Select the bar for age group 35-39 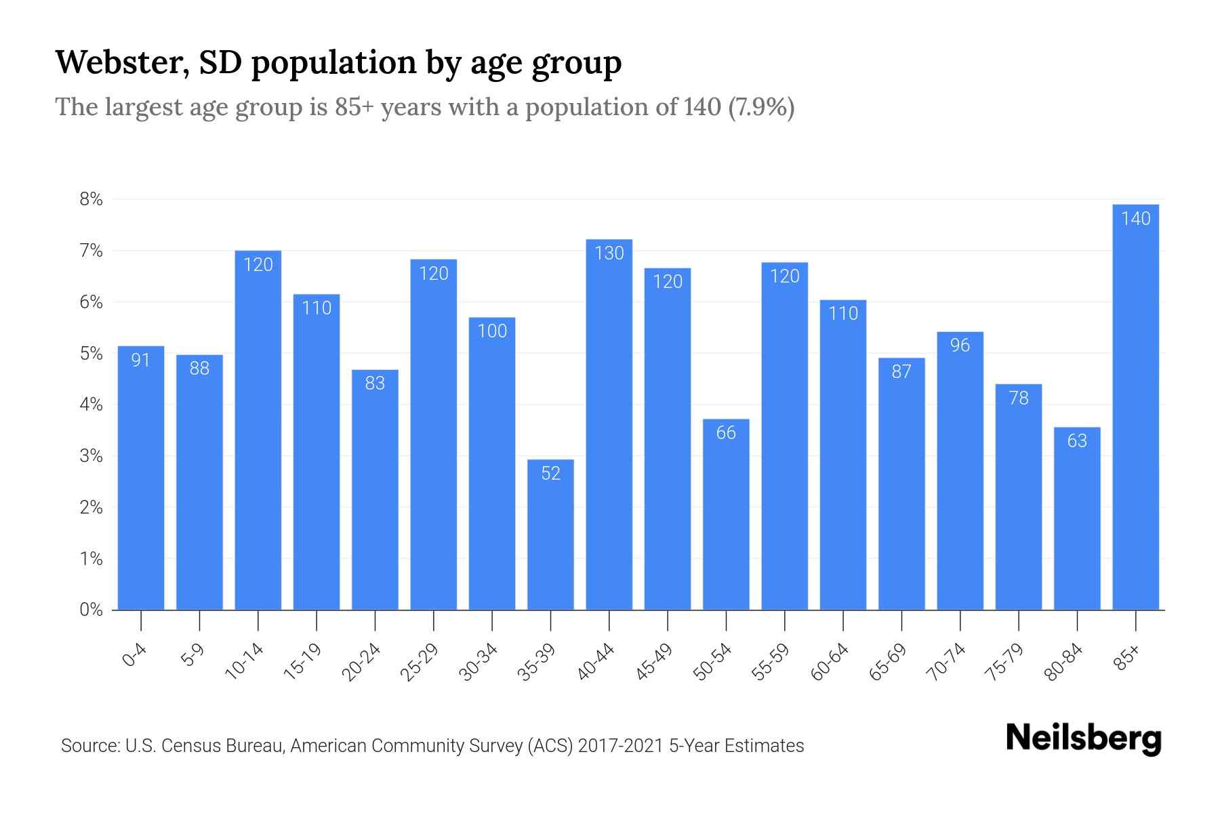[550, 535]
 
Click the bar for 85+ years [1135, 406]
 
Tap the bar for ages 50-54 [726, 515]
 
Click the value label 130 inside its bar [609, 253]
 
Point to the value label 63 [1077, 441]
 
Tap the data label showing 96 [960, 346]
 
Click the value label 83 [375, 383]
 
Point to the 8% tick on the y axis [91, 200]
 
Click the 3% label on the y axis [91, 456]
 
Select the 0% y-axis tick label [91, 610]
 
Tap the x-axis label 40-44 [596, 662]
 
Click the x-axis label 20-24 [362, 662]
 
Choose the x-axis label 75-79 [1006, 662]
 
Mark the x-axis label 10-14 [245, 662]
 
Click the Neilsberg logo [1083, 738]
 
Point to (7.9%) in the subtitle [760, 107]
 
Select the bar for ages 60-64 [842, 454]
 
